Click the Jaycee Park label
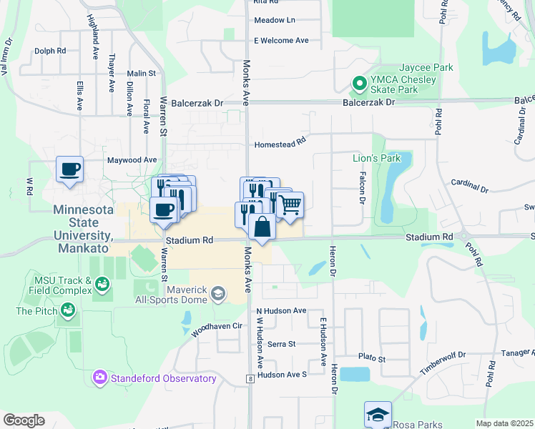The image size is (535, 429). click(x=428, y=67)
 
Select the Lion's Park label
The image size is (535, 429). click(x=376, y=157)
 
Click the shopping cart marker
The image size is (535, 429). click(x=289, y=204)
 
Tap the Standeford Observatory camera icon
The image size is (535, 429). click(x=99, y=377)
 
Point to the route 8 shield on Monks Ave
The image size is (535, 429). click(x=250, y=378)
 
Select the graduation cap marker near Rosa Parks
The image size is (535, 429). click(x=378, y=414)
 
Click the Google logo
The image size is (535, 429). click(x=23, y=420)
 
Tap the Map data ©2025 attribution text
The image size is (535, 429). click(x=504, y=423)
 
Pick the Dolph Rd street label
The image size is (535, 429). click(x=50, y=51)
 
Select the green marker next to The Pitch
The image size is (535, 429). click(x=68, y=310)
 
